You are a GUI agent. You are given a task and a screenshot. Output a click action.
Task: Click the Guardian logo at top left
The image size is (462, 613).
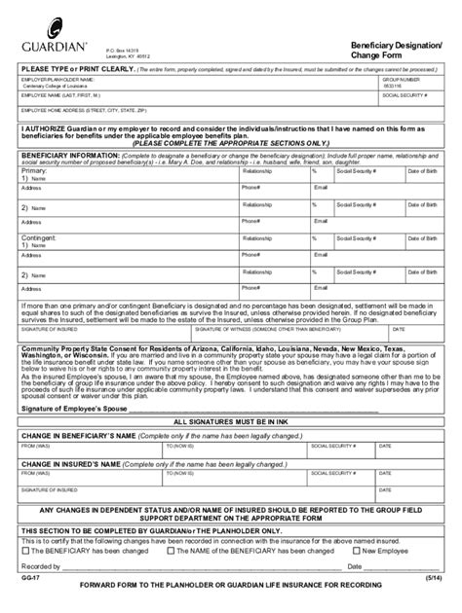[x=46, y=46]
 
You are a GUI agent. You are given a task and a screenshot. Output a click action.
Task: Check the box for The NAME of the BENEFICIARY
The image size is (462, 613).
[x=172, y=549]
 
